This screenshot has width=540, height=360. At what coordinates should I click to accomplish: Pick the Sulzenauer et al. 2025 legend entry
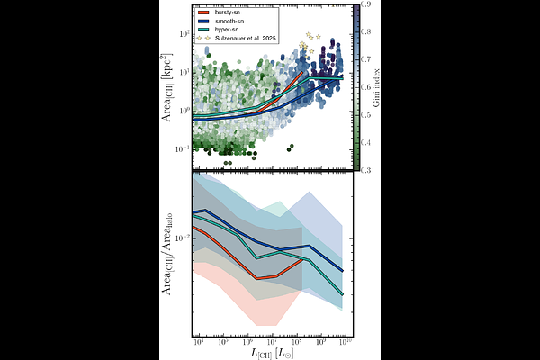(x=248, y=40)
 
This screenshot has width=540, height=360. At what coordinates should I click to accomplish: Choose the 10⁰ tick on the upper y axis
(x=184, y=111)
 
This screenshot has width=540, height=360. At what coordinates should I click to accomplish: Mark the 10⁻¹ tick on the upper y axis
(x=184, y=148)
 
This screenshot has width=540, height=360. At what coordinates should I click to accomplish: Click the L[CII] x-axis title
(x=270, y=354)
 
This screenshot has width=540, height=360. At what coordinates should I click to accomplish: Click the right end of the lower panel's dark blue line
(x=343, y=271)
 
